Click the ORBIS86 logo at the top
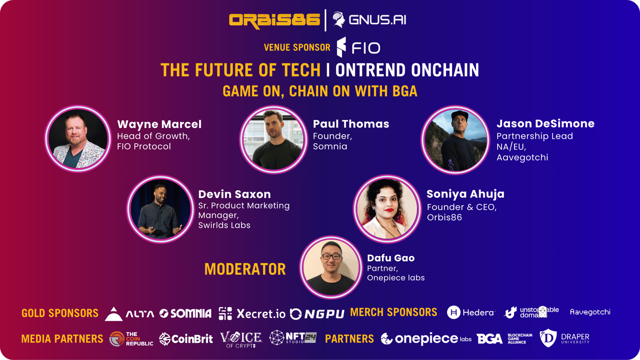click(274, 20)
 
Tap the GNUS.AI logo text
click(377, 20)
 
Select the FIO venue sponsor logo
click(358, 47)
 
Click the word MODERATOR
click(245, 269)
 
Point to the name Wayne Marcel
click(159, 124)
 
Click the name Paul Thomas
click(351, 124)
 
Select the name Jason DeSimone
click(546, 124)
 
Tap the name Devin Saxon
click(234, 194)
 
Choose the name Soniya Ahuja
click(466, 194)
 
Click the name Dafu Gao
click(390, 258)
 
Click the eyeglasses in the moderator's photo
click(331, 256)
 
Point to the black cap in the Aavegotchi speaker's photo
click(460, 115)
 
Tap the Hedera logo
click(470, 312)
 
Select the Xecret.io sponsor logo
click(252, 314)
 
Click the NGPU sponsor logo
click(317, 314)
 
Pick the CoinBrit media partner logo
click(186, 339)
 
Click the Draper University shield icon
click(548, 338)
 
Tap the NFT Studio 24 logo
click(293, 338)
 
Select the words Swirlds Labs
click(224, 226)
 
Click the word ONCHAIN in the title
click(445, 70)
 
